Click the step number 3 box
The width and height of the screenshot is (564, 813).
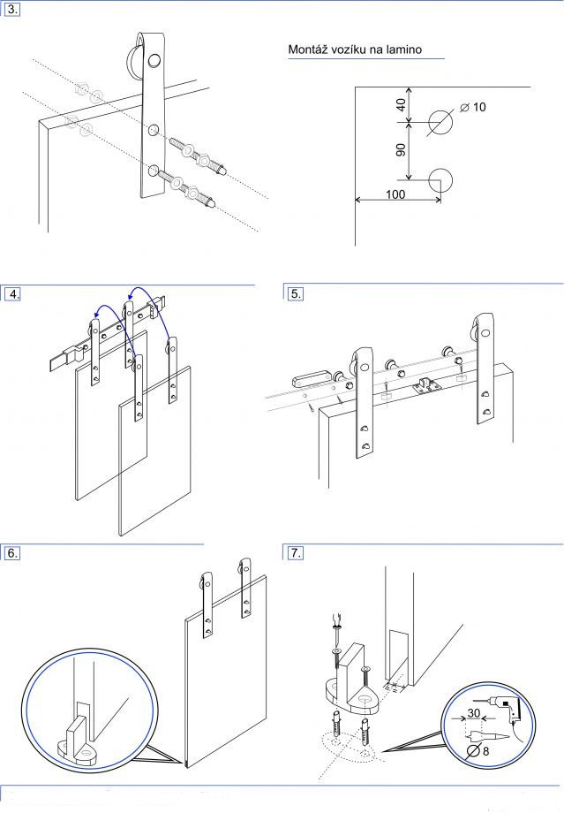(x=12, y=11)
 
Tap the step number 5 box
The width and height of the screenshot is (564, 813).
(x=296, y=294)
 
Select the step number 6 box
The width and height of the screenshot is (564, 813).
(x=12, y=553)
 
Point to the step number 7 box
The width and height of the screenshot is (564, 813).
(x=296, y=553)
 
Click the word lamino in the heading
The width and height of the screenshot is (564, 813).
(x=401, y=49)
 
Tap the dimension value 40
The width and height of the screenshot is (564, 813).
(x=401, y=103)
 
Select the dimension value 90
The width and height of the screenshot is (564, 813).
(x=401, y=149)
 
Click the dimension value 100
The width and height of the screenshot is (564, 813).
(x=395, y=193)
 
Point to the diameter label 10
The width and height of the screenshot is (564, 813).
(x=479, y=107)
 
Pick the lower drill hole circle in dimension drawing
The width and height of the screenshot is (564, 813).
(x=440, y=179)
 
